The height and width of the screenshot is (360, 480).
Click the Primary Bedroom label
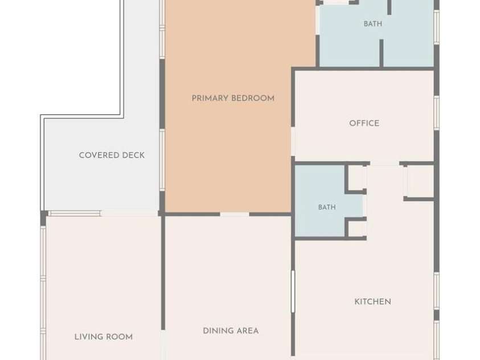(233, 99)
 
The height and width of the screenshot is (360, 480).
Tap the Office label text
(364, 124)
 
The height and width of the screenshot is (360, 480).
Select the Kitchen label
(372, 302)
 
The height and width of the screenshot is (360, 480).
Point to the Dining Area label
(231, 331)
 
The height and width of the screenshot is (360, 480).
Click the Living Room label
(104, 337)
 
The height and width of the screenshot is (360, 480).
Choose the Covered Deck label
(112, 155)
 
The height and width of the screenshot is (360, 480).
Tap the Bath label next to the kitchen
(327, 207)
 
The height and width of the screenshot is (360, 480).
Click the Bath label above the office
(373, 23)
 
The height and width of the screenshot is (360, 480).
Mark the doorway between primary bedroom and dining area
(235, 214)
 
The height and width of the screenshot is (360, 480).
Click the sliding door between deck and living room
(75, 214)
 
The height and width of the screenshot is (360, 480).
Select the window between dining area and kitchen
(293, 292)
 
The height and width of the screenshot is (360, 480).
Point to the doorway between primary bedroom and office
(293, 141)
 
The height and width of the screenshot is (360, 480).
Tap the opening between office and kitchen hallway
(385, 163)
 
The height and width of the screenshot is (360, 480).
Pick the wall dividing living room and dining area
(163, 273)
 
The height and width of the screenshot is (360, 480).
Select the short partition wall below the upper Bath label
(381, 52)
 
